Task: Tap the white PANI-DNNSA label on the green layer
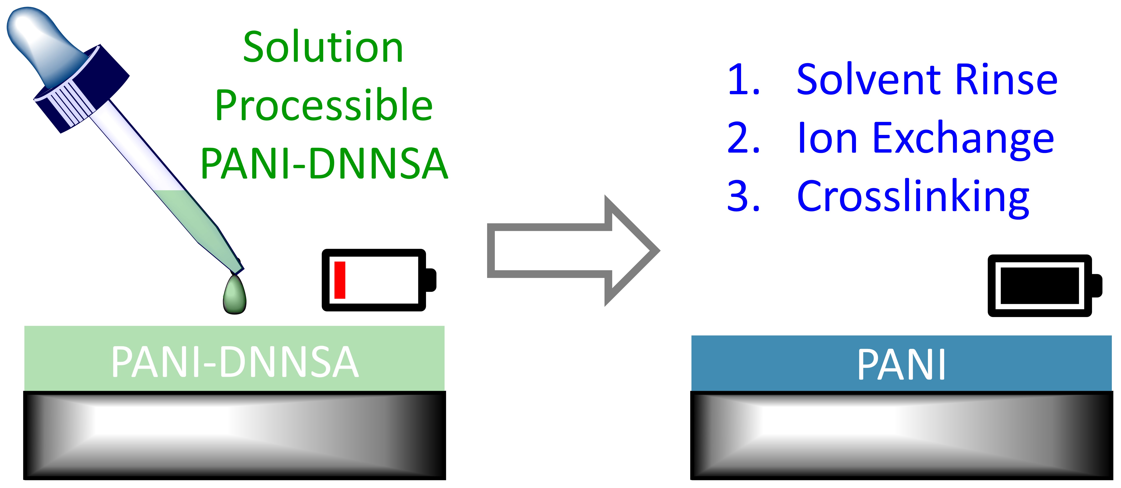pyautogui.click(x=235, y=362)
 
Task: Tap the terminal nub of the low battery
pyautogui.click(x=431, y=280)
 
